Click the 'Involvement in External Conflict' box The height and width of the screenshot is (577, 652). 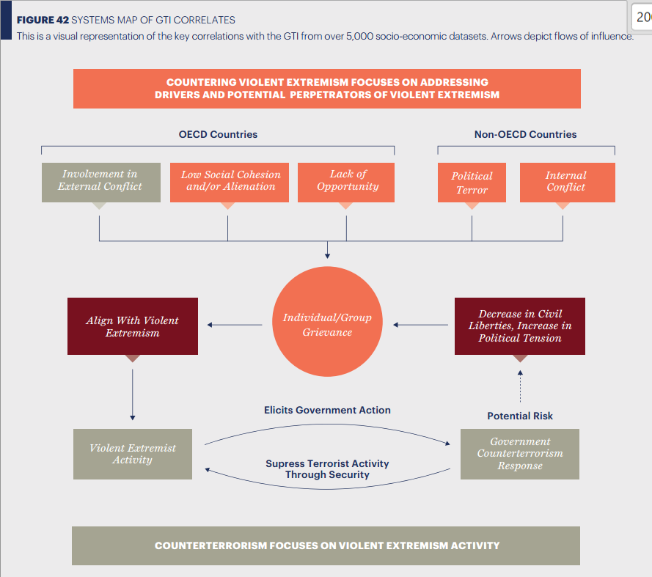pyautogui.click(x=100, y=182)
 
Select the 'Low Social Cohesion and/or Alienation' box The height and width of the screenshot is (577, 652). pyautogui.click(x=230, y=182)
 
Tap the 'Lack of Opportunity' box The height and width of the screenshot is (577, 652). pyautogui.click(x=347, y=182)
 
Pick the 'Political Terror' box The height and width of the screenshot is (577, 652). pyautogui.click(x=472, y=183)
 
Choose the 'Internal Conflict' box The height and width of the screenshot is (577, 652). pyautogui.click(x=567, y=183)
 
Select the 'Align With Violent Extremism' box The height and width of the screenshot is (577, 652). pyautogui.click(x=132, y=326)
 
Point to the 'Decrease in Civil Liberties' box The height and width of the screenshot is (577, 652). pyautogui.click(x=519, y=326)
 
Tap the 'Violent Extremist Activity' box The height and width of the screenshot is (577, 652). pyautogui.click(x=133, y=454)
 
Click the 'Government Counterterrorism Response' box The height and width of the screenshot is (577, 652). pyautogui.click(x=519, y=454)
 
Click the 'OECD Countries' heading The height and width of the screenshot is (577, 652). pyautogui.click(x=218, y=134)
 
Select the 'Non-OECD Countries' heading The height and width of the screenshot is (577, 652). pyautogui.click(x=525, y=134)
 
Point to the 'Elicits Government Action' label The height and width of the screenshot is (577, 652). pyautogui.click(x=327, y=410)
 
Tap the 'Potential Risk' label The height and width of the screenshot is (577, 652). pyautogui.click(x=520, y=416)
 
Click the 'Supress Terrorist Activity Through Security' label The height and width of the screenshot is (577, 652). pyautogui.click(x=327, y=469)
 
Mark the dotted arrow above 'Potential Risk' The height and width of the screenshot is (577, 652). pyautogui.click(x=520, y=386)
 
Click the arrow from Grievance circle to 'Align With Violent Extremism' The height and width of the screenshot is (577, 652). pyautogui.click(x=235, y=325)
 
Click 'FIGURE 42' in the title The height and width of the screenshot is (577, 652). pyautogui.click(x=43, y=20)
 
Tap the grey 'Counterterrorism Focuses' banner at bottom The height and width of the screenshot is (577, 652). pyautogui.click(x=327, y=545)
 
